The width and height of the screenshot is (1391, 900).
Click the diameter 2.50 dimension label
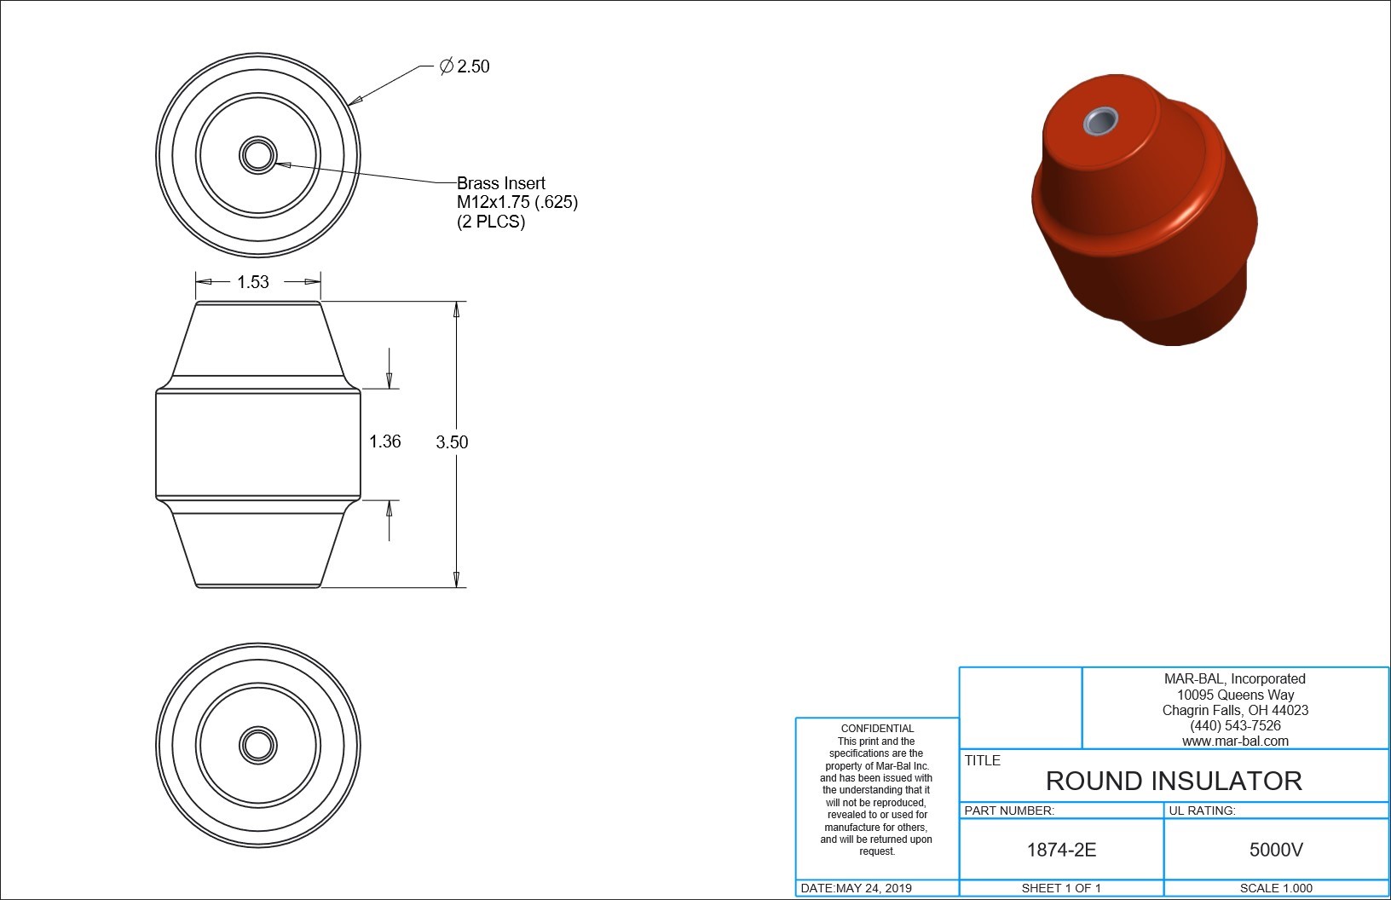[465, 66]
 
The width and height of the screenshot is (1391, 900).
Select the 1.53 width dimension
[253, 282]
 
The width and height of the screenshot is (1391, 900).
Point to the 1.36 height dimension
[385, 441]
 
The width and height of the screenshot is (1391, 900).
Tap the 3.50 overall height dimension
[452, 441]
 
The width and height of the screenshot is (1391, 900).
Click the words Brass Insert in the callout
[501, 183]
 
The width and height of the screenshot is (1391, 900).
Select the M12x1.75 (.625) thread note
[517, 202]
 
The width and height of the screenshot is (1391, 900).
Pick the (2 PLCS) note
[491, 221]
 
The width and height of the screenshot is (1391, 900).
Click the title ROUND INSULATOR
[1174, 781]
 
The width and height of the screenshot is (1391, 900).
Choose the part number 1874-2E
[1061, 850]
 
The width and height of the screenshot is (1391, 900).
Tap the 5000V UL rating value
[1276, 850]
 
